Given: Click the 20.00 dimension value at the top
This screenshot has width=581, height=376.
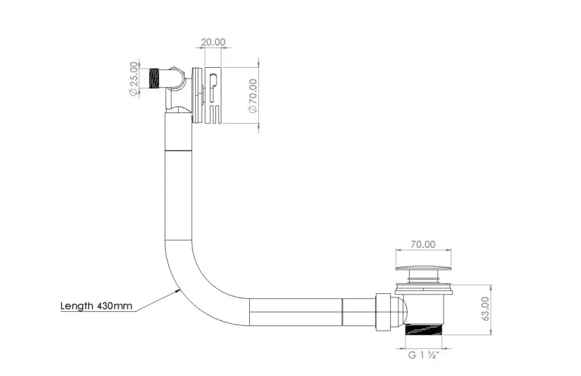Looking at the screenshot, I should coord(212,42).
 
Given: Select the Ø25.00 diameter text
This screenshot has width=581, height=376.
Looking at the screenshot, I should coord(133,78).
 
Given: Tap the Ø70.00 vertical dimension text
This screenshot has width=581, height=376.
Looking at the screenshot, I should coord(253,95).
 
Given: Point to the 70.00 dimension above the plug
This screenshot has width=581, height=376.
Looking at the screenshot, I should coord(423,244).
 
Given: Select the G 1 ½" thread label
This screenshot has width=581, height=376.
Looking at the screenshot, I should coord(423,355).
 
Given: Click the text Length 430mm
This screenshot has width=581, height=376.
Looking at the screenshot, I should coord(96,305).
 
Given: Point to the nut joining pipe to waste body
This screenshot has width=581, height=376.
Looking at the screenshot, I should coord(383,311).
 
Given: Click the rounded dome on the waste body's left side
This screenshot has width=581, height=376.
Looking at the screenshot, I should coord(401,311).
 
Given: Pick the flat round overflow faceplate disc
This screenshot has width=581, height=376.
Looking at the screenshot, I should coord(197,95).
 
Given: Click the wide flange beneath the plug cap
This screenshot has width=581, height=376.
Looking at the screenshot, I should coord(423,289).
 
